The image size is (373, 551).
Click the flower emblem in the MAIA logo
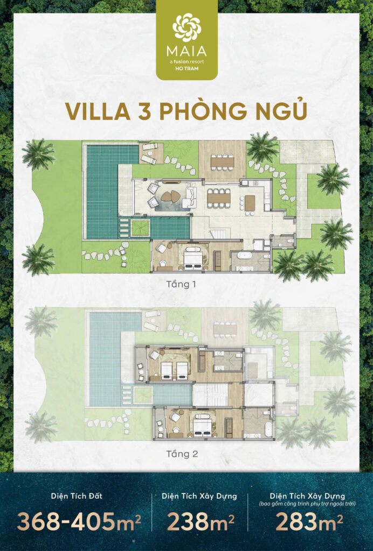(x=186, y=27)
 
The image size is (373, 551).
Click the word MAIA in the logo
(x=186, y=52)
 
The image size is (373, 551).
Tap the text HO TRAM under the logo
(x=186, y=68)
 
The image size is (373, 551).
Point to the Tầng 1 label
(x=181, y=284)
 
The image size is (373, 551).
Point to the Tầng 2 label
(x=182, y=454)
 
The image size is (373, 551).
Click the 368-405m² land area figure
(x=79, y=521)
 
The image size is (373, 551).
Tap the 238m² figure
(x=201, y=521)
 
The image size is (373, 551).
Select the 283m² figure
(x=309, y=521)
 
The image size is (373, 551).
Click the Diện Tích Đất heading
(x=77, y=496)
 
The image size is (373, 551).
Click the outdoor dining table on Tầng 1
(x=223, y=162)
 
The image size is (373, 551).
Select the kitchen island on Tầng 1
(x=250, y=203)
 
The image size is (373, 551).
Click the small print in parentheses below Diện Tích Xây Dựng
(x=307, y=504)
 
